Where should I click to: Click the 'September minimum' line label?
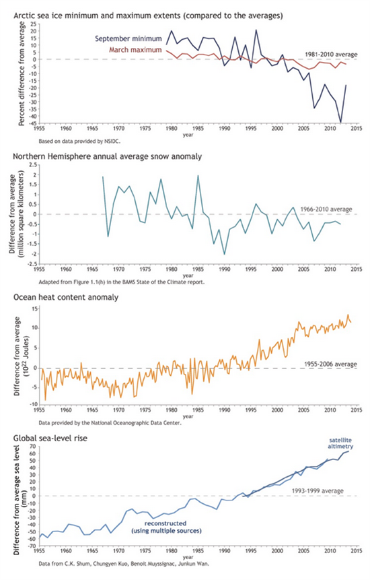click(x=128, y=38)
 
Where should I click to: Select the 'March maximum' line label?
click(x=135, y=50)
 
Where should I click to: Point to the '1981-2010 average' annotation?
click(x=331, y=55)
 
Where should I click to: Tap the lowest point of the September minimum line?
click(x=340, y=123)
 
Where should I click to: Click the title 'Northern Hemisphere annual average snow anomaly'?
click(x=108, y=156)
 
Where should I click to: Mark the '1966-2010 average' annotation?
click(x=326, y=210)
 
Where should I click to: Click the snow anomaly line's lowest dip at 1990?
click(x=225, y=255)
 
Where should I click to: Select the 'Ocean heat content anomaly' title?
click(x=66, y=297)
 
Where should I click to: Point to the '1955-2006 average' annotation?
click(x=330, y=364)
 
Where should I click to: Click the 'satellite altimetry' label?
click(x=340, y=443)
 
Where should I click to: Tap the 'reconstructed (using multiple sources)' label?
click(x=167, y=527)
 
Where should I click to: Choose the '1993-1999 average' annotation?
click(x=318, y=491)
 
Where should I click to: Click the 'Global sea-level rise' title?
click(x=50, y=439)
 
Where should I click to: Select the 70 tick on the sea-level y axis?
click(x=32, y=447)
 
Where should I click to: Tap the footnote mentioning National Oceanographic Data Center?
click(x=110, y=423)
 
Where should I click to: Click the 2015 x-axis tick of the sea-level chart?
click(x=357, y=551)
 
